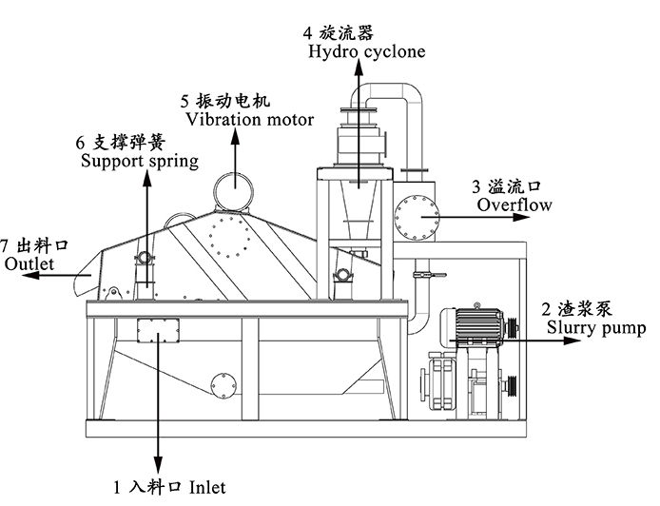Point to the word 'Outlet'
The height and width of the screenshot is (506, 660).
click(29, 263)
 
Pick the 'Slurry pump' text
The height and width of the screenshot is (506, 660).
click(595, 328)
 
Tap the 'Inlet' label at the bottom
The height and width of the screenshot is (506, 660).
click(207, 488)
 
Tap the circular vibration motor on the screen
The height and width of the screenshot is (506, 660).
click(233, 188)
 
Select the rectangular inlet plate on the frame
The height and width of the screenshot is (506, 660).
click(158, 330)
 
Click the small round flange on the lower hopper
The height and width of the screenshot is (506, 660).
click(224, 384)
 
